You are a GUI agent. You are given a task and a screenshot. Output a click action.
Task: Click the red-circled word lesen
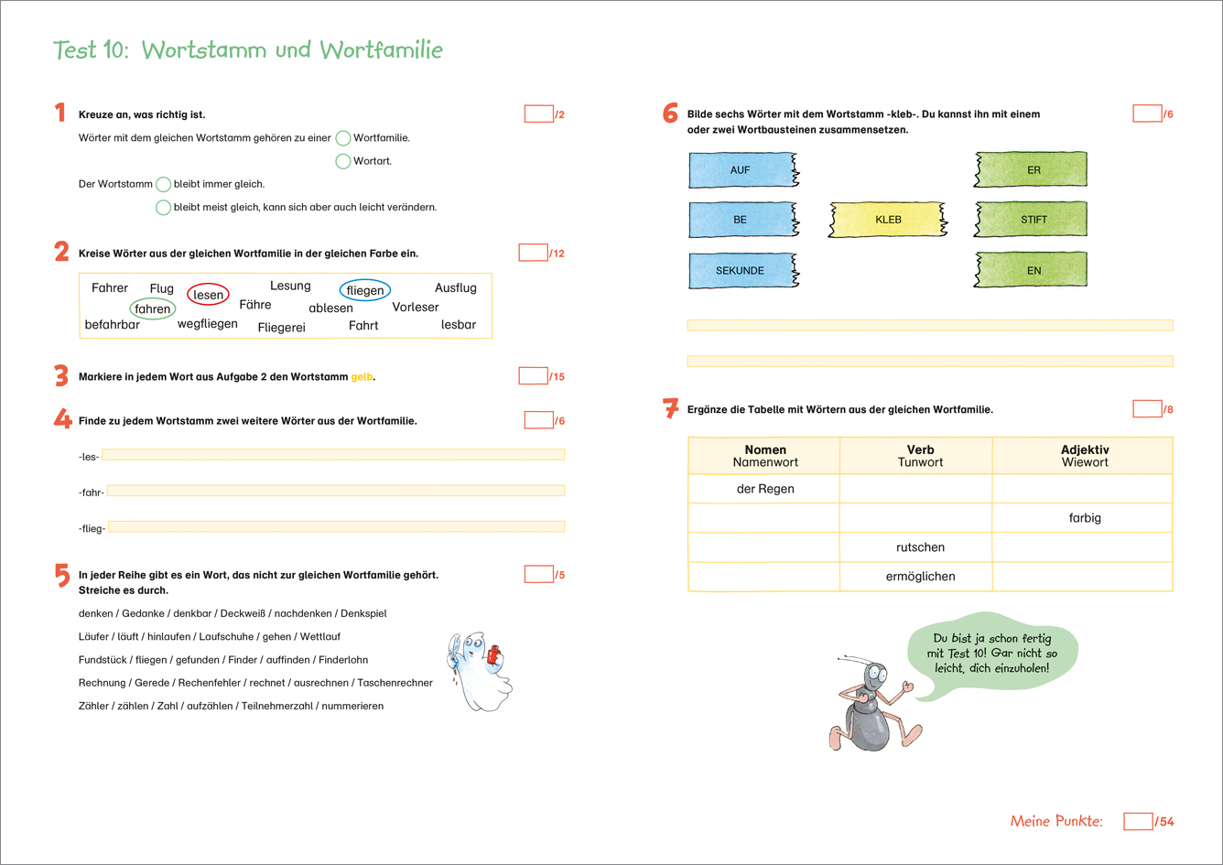tap(208, 295)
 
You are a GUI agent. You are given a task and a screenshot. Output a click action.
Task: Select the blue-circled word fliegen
tap(365, 291)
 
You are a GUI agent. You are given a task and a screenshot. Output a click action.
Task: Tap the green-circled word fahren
tap(153, 309)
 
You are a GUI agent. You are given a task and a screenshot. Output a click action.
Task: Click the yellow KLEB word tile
tap(888, 220)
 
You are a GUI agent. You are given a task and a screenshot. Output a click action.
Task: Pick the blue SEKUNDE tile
tap(741, 271)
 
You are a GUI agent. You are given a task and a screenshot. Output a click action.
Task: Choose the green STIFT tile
tap(1033, 220)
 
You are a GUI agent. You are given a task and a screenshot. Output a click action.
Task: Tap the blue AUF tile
tap(741, 170)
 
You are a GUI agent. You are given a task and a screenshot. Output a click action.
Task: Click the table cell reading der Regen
tap(764, 489)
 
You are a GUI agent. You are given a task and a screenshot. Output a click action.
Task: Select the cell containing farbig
tap(1084, 518)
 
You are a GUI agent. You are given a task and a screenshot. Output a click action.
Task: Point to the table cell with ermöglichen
tap(920, 577)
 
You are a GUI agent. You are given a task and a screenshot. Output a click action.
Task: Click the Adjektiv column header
tap(1084, 456)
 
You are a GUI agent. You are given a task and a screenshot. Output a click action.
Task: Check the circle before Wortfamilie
tap(342, 138)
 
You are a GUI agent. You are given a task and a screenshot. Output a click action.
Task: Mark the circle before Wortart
tap(342, 161)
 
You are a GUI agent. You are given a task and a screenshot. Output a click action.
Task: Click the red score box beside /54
tap(1138, 821)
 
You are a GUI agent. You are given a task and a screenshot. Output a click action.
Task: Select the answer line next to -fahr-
tap(335, 491)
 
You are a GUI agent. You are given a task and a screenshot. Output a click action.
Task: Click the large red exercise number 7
tap(669, 409)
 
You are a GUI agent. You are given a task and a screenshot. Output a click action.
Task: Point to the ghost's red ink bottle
tap(494, 654)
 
